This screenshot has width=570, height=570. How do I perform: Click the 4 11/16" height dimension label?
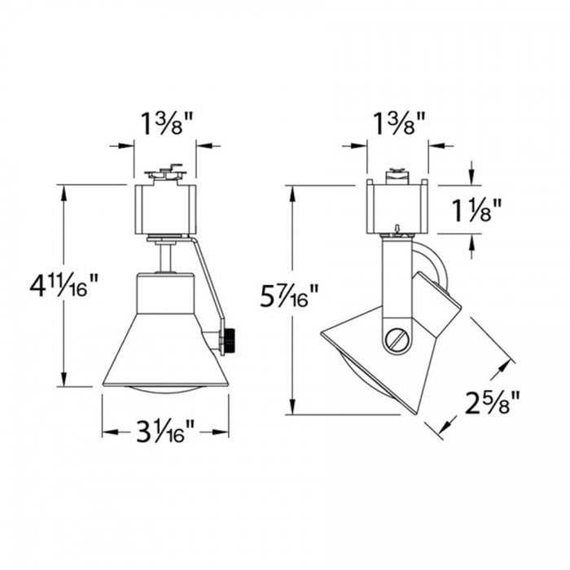pos(64,286)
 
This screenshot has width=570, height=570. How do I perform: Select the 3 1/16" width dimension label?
pos(165,432)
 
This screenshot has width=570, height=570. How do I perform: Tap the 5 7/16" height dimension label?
pos(289,296)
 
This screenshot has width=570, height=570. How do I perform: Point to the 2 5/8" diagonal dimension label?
pos(492,402)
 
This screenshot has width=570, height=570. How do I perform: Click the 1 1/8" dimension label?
pos(476,210)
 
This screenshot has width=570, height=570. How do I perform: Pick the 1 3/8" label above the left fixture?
pos(166,124)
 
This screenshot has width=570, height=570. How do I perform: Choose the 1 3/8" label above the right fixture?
pos(399,124)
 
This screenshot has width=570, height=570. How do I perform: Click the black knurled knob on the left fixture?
pos(230,340)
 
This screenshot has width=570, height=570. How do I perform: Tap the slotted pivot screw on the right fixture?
pos(397,340)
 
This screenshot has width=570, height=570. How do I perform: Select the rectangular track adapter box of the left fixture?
pos(165,209)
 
